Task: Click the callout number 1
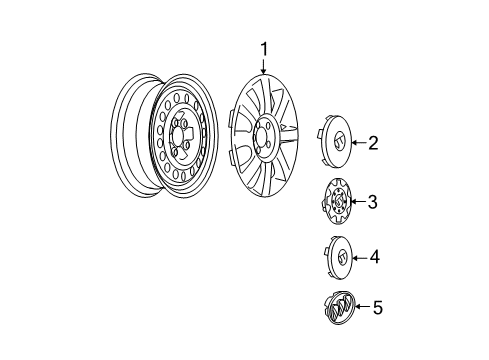(265, 48)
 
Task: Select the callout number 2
(373, 144)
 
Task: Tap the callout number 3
(372, 203)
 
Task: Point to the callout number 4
(374, 258)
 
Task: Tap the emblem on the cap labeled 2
(340, 141)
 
